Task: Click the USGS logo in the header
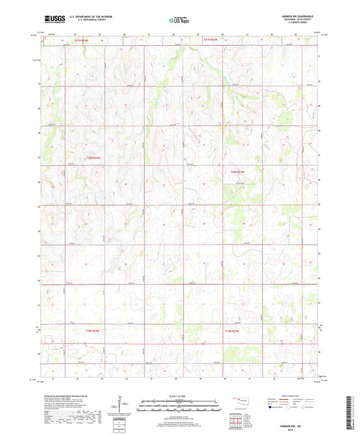pyautogui.click(x=51, y=21)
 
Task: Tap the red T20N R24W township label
pyautogui.click(x=93, y=157)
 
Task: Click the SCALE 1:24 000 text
pyautogui.click(x=179, y=394)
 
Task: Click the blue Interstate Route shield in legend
pyautogui.click(x=271, y=407)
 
